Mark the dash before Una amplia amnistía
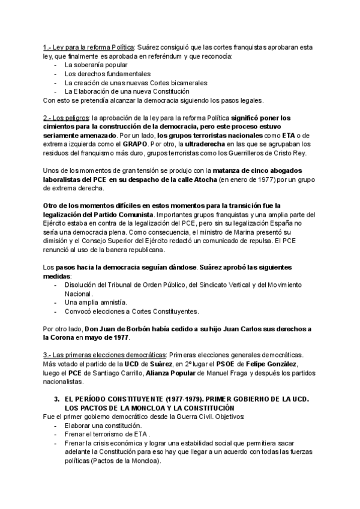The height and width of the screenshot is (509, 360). pos(56,303)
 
